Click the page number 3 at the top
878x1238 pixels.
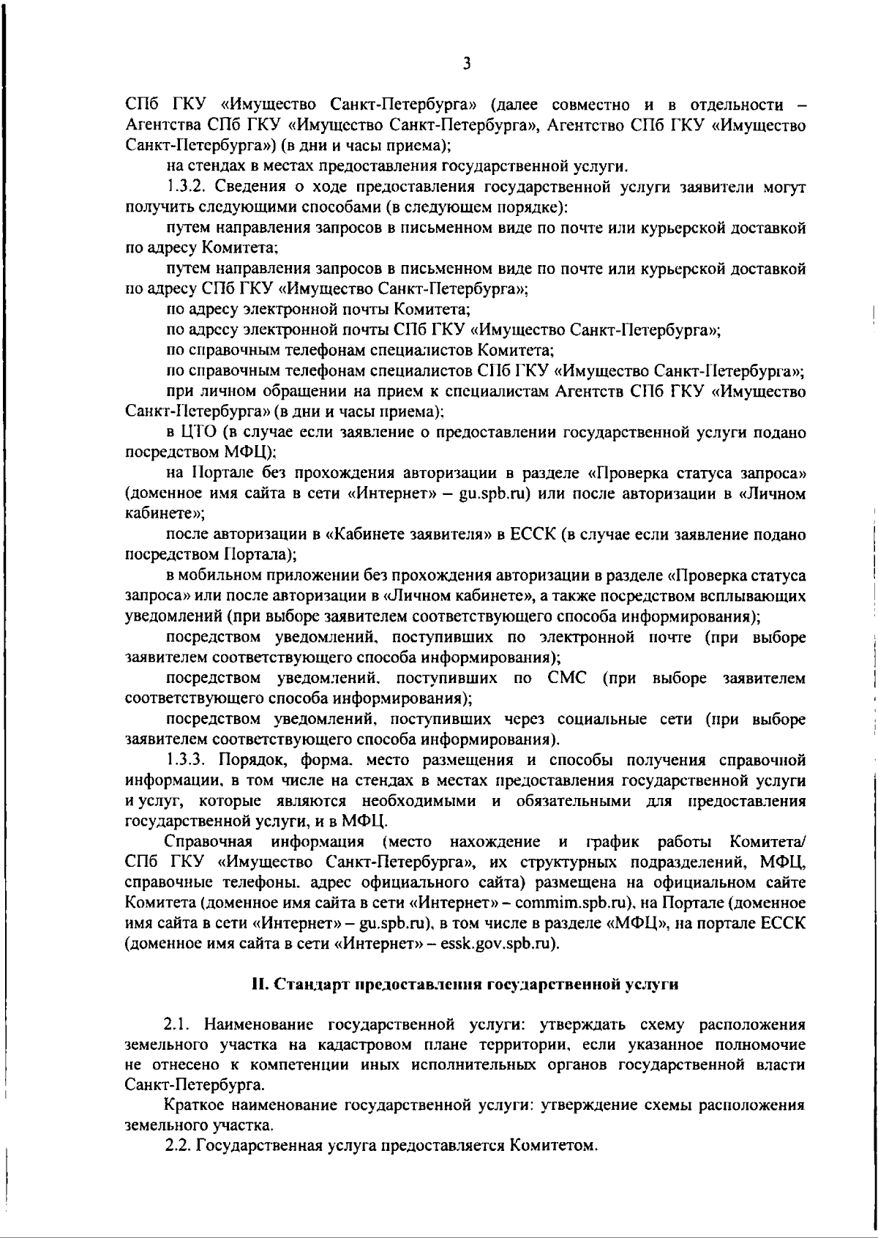466,64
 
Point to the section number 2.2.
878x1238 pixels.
179,1144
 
